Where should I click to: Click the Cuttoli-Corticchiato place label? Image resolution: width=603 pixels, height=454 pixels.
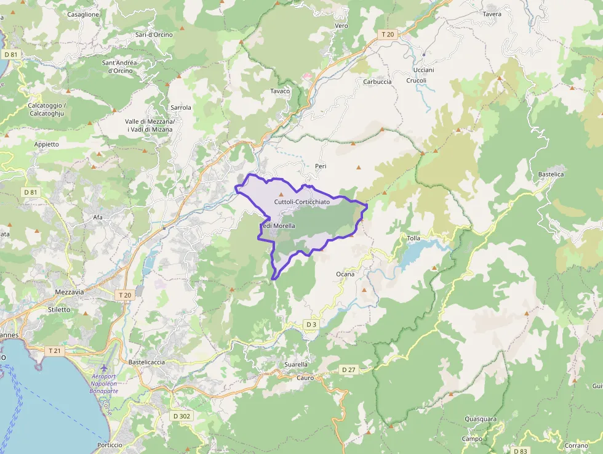pyautogui.click(x=301, y=202)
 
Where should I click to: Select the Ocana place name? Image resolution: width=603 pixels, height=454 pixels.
pyautogui.click(x=345, y=274)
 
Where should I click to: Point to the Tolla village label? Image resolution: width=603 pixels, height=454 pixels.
pyautogui.click(x=413, y=238)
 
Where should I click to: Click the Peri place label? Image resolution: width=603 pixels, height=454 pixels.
pyautogui.click(x=320, y=166)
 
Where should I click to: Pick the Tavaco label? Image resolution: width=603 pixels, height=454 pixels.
pyautogui.click(x=280, y=91)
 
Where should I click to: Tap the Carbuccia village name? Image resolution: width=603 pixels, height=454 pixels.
pyautogui.click(x=377, y=82)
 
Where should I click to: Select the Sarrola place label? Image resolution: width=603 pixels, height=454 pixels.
pyautogui.click(x=181, y=107)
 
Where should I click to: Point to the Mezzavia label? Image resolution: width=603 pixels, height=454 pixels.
pyautogui.click(x=69, y=292)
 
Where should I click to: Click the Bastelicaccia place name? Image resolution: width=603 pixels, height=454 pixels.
pyautogui.click(x=146, y=362)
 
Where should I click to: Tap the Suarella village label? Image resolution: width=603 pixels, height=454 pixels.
pyautogui.click(x=296, y=365)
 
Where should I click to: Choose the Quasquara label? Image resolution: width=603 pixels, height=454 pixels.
pyautogui.click(x=481, y=420)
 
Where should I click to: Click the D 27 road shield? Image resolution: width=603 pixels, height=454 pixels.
pyautogui.click(x=348, y=370)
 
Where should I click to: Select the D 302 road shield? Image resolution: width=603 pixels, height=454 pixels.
pyautogui.click(x=182, y=416)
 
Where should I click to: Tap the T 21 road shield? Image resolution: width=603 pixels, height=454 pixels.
pyautogui.click(x=55, y=351)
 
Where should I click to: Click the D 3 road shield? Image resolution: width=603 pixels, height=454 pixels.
pyautogui.click(x=311, y=324)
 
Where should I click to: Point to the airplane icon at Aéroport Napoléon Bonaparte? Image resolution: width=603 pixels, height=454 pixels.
pyautogui.click(x=103, y=368)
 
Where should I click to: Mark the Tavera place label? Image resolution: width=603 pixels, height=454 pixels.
pyautogui.click(x=492, y=14)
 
